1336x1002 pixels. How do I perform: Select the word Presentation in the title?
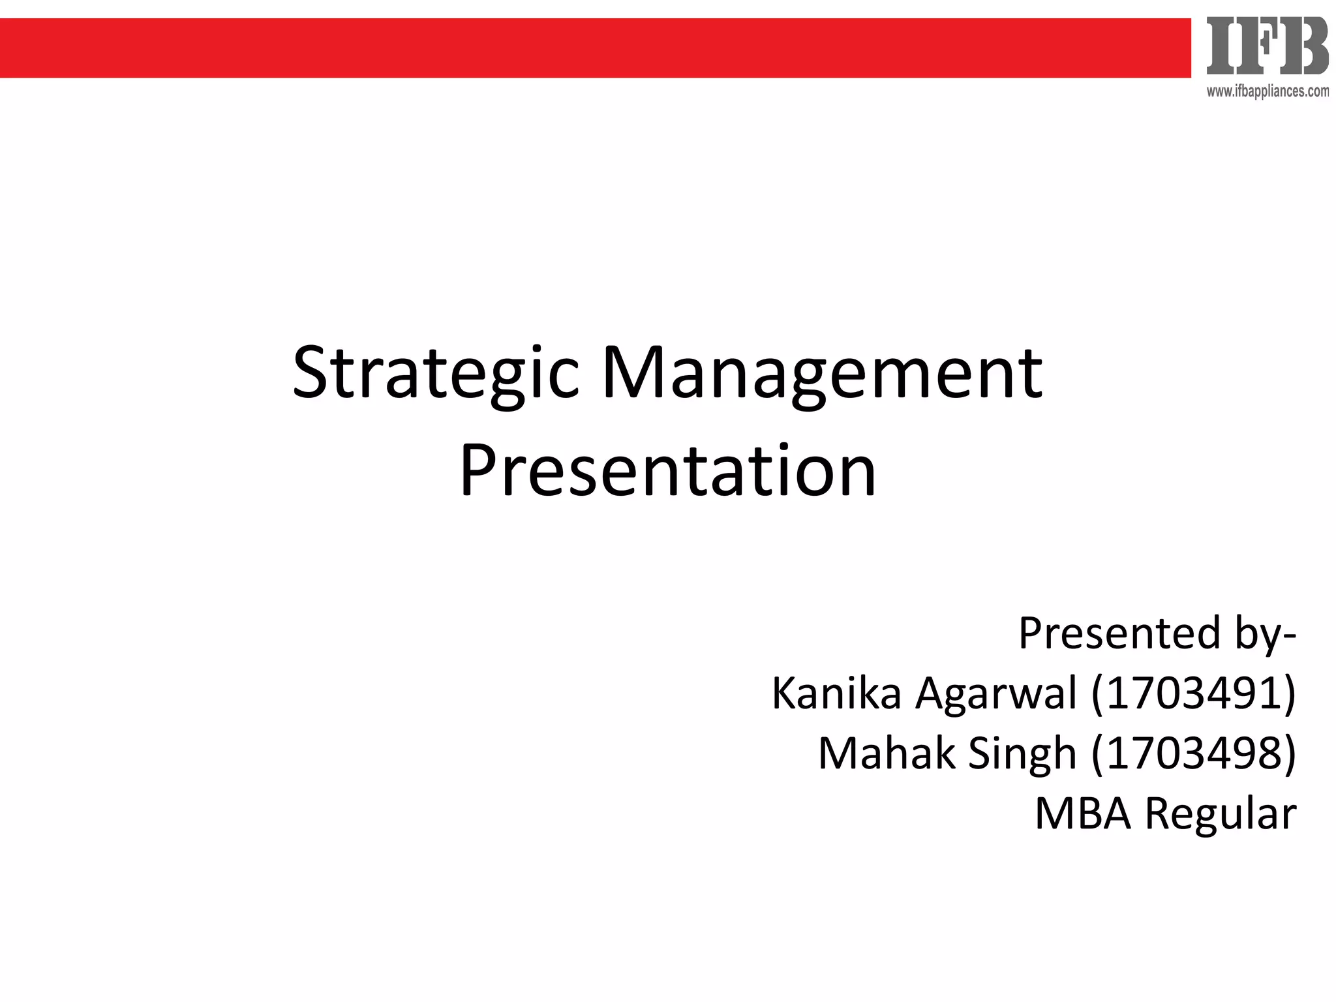point(668,471)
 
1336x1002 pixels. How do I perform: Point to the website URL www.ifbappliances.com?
point(1267,92)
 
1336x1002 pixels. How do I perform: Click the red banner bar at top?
point(587,48)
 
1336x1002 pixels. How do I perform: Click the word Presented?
point(1119,633)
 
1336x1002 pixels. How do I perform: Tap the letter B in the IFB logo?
point(1303,46)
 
